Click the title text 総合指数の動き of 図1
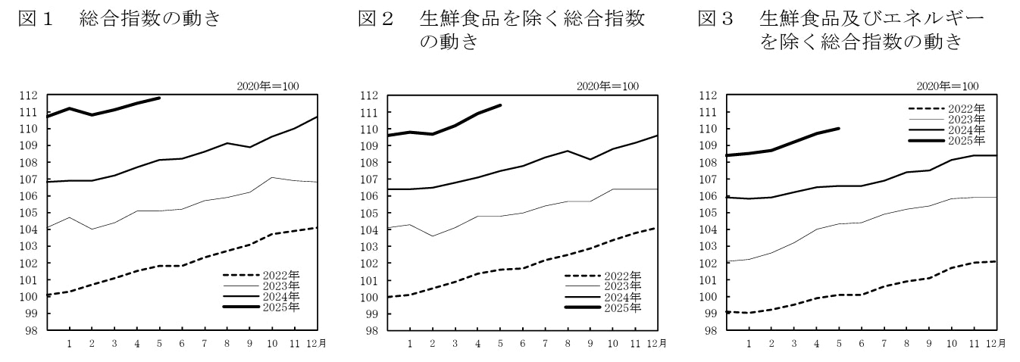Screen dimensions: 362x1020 click(x=149, y=17)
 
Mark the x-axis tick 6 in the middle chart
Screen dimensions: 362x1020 click(x=522, y=344)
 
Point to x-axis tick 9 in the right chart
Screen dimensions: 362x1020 click(x=930, y=344)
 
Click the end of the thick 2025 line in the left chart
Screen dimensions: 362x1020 click(x=159, y=98)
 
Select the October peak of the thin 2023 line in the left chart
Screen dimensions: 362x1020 click(x=272, y=177)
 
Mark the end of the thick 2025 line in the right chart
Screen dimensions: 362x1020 click(x=839, y=129)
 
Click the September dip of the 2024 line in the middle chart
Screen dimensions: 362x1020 click(x=590, y=159)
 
